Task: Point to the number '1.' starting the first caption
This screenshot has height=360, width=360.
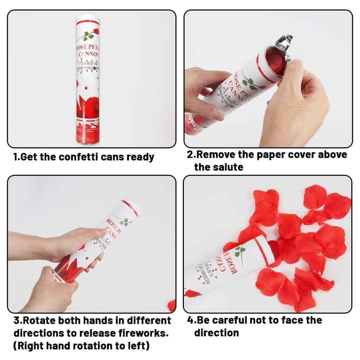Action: [x=17, y=157]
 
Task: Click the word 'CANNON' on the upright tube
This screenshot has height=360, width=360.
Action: [x=89, y=55]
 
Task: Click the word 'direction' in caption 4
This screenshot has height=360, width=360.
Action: [x=216, y=333]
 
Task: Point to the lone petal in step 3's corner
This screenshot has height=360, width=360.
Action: [x=172, y=305]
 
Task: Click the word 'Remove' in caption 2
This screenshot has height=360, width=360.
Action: [x=218, y=155]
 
